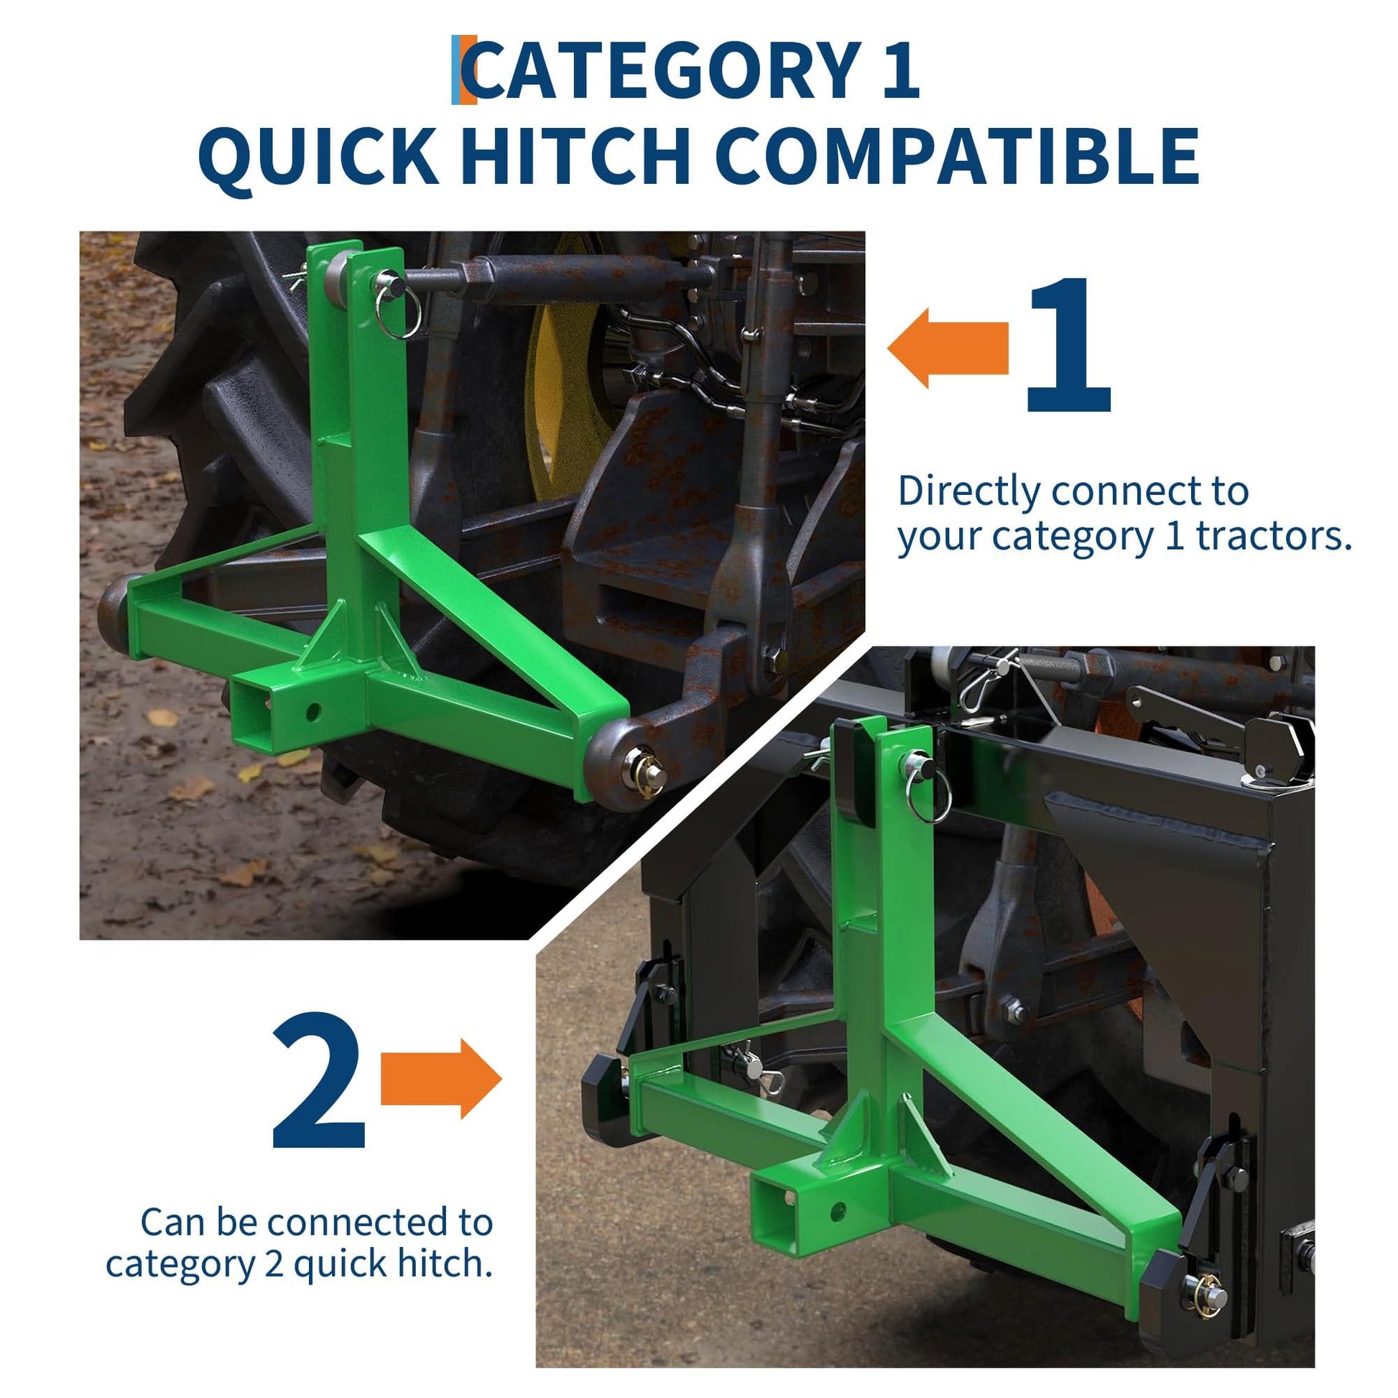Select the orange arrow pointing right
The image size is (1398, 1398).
(x=441, y=1079)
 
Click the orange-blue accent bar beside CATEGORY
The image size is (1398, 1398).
(x=464, y=70)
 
